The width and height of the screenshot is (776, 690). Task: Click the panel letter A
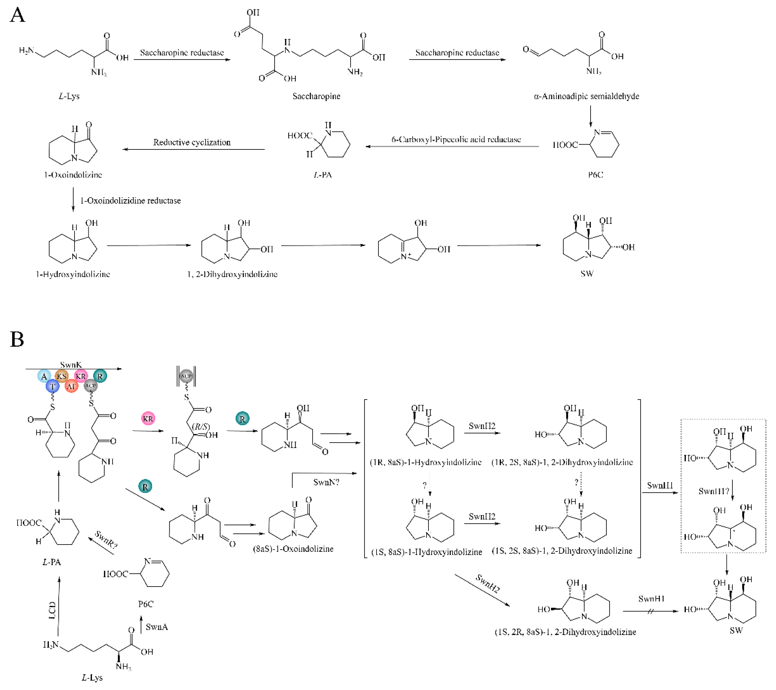[x=17, y=15]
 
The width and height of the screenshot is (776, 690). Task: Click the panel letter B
[x=17, y=339]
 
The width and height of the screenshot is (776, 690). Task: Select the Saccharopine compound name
[x=316, y=96]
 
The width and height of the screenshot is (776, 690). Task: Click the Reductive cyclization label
[x=192, y=142]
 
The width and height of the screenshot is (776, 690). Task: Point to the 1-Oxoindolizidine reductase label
[x=130, y=200]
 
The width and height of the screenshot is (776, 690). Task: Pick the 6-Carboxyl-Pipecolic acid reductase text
[x=456, y=139]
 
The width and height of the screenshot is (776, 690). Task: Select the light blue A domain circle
[x=44, y=376]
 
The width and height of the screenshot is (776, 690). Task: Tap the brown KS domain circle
[x=62, y=376]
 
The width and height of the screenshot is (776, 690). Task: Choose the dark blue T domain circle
[x=52, y=386]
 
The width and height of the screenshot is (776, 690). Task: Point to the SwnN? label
[x=326, y=482]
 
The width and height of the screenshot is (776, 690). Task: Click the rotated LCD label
[x=52, y=610]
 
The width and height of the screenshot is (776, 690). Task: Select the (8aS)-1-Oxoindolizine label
[x=293, y=549]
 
